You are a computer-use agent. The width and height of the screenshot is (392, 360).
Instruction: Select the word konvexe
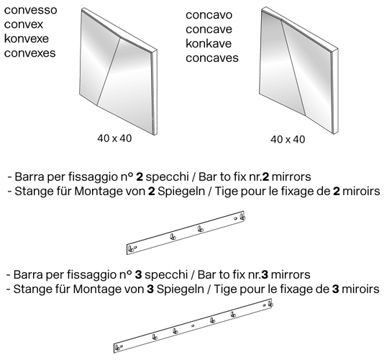(x=27, y=39)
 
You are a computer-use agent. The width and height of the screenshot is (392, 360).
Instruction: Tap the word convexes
(x=29, y=53)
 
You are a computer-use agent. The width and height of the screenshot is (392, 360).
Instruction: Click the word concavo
(x=209, y=16)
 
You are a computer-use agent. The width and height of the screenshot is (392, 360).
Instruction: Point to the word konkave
(x=209, y=44)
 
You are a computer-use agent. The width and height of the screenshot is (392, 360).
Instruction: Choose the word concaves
(x=211, y=58)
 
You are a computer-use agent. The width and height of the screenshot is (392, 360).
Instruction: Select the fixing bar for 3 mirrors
(x=194, y=327)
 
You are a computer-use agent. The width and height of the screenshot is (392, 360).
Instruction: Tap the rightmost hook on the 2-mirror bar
(x=242, y=216)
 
